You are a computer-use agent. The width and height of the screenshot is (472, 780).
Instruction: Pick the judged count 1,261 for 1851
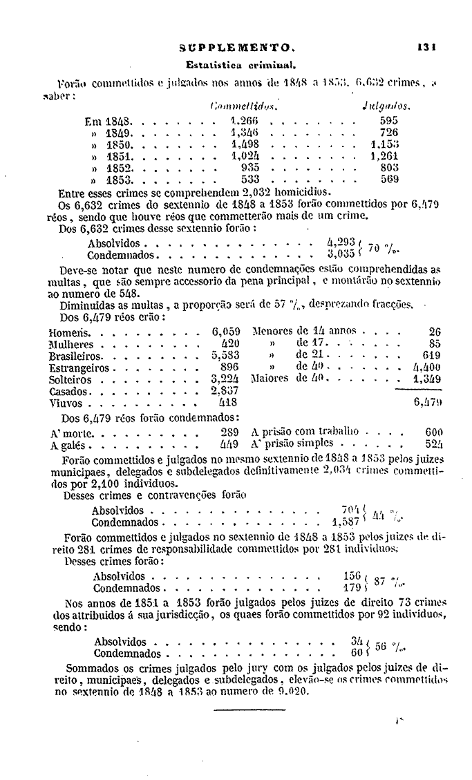[x=384, y=156]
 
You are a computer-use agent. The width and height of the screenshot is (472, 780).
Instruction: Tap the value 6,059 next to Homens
[x=226, y=330]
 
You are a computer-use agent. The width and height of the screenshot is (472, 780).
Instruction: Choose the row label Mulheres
[x=70, y=343]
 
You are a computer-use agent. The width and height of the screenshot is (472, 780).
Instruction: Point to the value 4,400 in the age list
[x=426, y=367]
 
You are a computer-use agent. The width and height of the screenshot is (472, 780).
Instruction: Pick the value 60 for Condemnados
[x=357, y=653]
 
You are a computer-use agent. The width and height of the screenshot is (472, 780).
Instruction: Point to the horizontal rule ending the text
[x=239, y=710]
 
